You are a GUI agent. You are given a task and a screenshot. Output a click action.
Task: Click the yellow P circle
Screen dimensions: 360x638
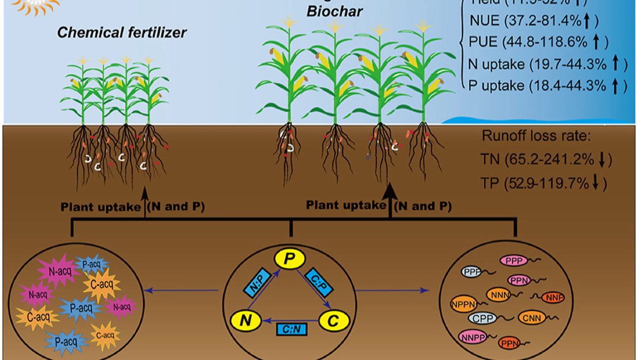[290, 257]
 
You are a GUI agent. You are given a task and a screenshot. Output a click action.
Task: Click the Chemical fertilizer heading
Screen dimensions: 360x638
[123, 32]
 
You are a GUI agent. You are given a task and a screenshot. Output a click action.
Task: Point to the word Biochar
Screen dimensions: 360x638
[334, 11]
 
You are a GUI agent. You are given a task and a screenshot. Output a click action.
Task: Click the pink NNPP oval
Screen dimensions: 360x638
[472, 337]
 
